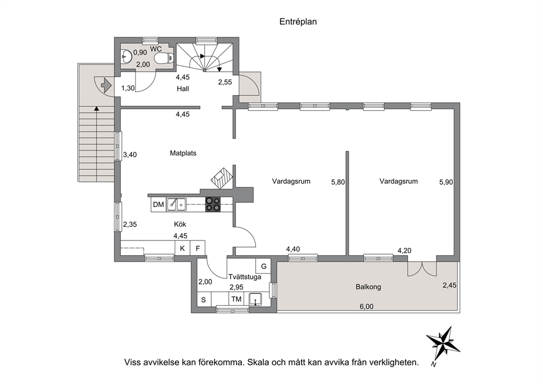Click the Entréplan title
298,22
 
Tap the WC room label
156,49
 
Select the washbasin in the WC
126,56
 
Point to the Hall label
183,89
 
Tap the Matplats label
183,153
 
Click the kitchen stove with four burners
213,204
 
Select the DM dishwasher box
158,204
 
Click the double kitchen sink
176,204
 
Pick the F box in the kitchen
198,249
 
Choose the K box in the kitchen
182,249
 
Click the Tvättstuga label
245,277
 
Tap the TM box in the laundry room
236,299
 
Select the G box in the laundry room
263,266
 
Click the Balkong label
368,287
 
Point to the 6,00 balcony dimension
367,306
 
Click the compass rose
443,344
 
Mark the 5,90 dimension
446,182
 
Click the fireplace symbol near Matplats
221,178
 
